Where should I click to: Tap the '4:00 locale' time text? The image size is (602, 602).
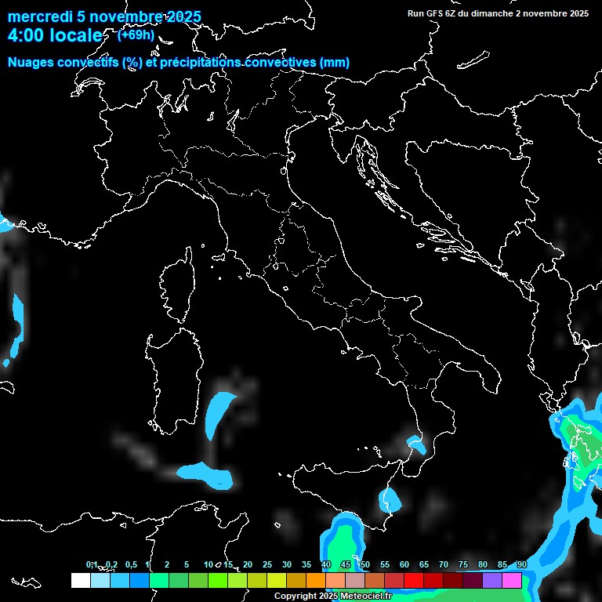55,36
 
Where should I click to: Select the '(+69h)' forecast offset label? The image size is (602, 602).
136,35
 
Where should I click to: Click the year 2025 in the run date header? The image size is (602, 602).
578,13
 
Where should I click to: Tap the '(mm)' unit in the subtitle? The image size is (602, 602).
334,63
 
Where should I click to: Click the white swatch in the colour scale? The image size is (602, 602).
80,580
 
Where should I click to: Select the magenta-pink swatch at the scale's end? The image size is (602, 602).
512,580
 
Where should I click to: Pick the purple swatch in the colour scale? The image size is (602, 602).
492,580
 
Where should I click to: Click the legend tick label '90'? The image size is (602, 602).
521,565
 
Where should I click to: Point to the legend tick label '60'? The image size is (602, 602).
404,565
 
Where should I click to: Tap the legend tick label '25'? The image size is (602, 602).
267,565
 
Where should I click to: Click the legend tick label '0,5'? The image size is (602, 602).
131,565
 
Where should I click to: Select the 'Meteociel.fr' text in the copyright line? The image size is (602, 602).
366,597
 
